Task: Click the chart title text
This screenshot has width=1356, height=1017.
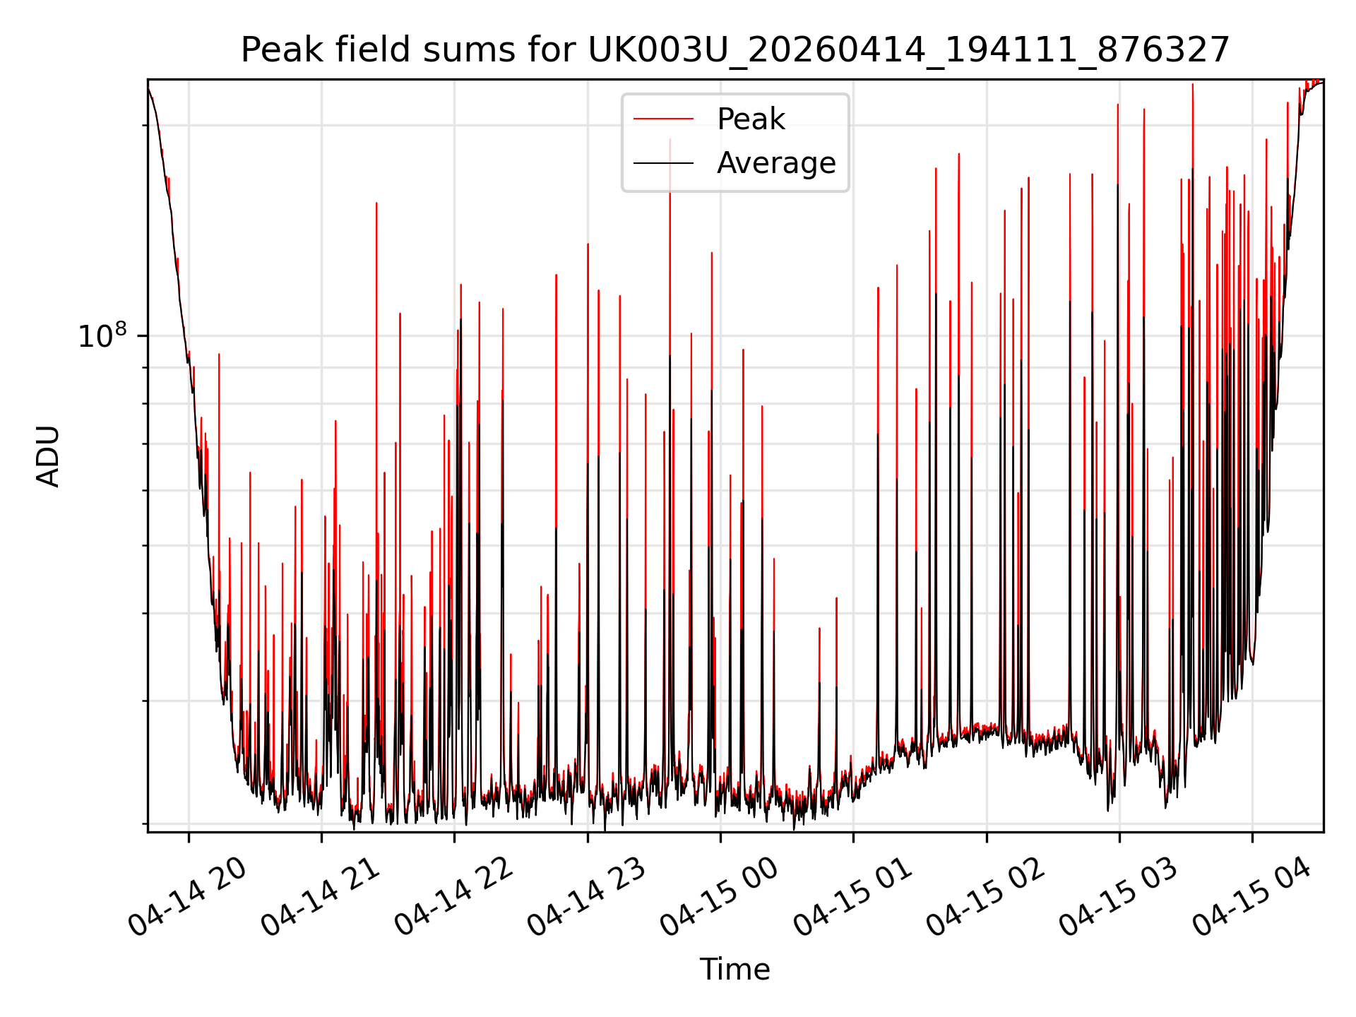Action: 735,51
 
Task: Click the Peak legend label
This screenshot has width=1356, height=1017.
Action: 751,119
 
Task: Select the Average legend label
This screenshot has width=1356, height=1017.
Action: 776,163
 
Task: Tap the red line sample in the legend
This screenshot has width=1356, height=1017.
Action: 663,119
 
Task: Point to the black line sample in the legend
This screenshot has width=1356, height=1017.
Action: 663,163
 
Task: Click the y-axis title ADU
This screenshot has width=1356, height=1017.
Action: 48,456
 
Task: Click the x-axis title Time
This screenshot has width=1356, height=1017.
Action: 734,970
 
